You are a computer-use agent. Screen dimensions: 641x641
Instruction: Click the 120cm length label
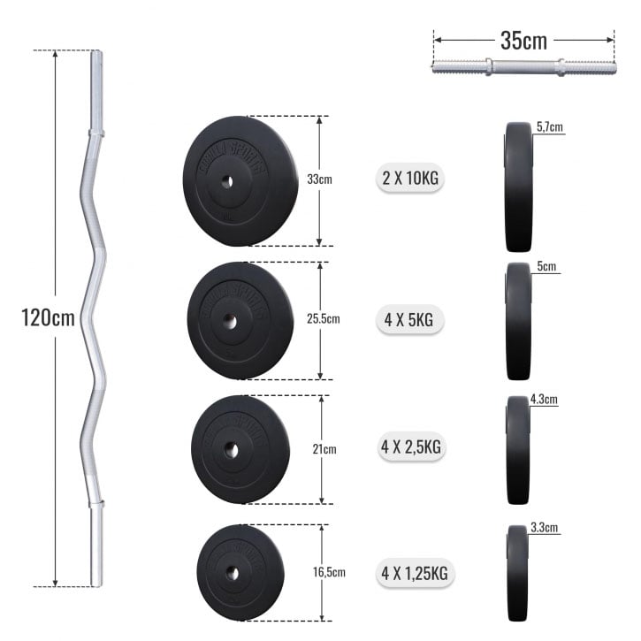[x=49, y=317]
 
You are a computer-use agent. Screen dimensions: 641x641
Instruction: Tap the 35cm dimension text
[x=523, y=41]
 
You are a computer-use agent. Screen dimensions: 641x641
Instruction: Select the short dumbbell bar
[x=523, y=67]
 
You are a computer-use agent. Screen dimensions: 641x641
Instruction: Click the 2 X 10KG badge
[x=410, y=179]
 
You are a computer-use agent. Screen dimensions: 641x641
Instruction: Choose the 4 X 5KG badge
[x=410, y=320]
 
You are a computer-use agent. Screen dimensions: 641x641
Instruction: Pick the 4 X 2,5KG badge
[x=410, y=447]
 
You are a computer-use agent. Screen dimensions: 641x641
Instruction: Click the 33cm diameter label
[x=319, y=179]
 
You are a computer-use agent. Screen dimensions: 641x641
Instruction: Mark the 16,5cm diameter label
[x=326, y=572]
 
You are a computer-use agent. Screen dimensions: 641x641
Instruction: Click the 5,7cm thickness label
[x=549, y=127]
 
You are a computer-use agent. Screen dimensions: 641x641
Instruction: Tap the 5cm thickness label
[x=546, y=266]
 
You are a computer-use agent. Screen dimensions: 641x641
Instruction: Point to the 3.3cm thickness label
[x=545, y=528]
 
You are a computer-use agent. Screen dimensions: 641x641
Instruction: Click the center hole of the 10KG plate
[x=227, y=181]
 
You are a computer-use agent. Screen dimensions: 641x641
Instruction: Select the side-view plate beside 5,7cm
[x=518, y=187]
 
